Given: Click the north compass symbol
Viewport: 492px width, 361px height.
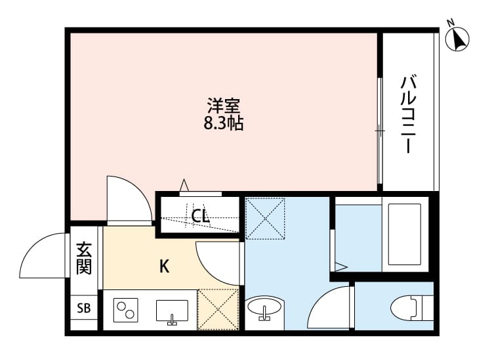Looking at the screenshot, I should (458, 39).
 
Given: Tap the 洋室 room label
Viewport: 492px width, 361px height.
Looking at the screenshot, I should (224, 106).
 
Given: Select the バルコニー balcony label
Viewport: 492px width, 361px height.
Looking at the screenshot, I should (409, 115).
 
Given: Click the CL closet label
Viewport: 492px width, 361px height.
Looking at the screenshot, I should (201, 215).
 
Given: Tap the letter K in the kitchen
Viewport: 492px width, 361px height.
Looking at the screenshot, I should (165, 266).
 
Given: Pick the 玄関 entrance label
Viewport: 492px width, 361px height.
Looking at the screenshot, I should (84, 259).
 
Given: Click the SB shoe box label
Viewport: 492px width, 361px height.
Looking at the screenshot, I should (84, 308).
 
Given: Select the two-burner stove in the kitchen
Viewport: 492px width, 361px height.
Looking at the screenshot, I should (126, 309).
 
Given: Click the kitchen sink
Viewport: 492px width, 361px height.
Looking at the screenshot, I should (172, 310).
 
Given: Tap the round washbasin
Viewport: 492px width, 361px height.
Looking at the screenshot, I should (265, 308).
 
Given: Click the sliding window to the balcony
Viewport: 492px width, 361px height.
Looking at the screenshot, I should (379, 131).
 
